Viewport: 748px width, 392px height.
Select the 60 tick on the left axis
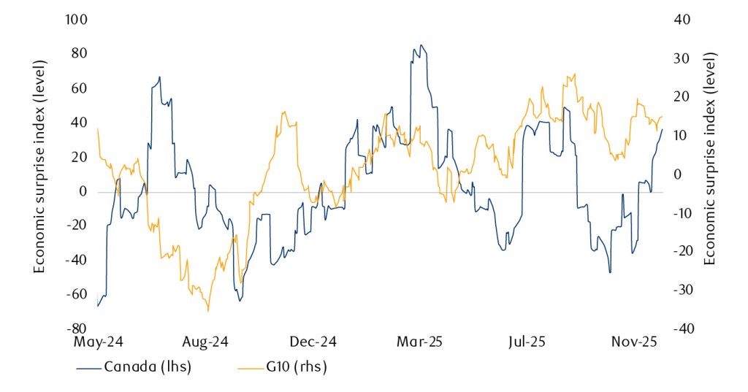[79, 88]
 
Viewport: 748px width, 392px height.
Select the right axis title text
[709, 174]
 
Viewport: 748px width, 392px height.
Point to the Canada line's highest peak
[420, 45]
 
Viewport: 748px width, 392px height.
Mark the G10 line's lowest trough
[208, 312]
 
